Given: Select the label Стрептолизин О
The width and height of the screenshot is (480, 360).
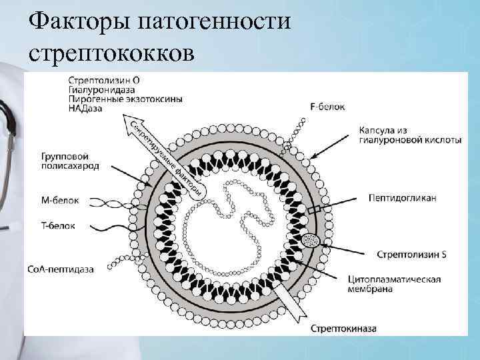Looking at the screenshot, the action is (x=103, y=80).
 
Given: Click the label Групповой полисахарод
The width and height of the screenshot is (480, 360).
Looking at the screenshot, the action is (x=69, y=161).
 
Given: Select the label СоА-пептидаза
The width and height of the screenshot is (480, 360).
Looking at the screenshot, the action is (x=61, y=269).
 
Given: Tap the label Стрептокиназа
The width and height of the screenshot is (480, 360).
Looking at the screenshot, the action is (x=343, y=329).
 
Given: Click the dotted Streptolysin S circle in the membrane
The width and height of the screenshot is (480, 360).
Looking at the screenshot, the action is (x=310, y=239).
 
